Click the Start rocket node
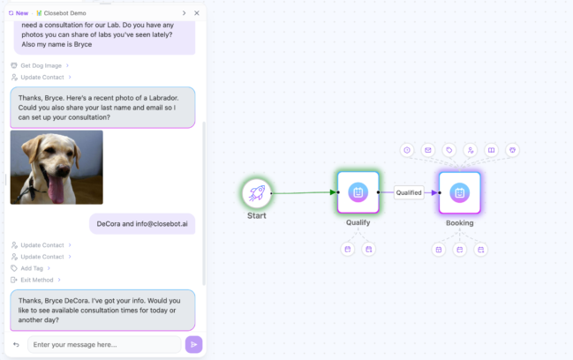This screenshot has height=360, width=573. pyautogui.click(x=256, y=192)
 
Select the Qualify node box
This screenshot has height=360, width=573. pyautogui.click(x=358, y=192)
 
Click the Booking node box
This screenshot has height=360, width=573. pyautogui.click(x=459, y=192)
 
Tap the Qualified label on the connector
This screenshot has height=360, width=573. pyautogui.click(x=408, y=192)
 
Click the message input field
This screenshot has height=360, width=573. pyautogui.click(x=104, y=344)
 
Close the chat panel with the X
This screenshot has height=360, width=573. pyautogui.click(x=197, y=13)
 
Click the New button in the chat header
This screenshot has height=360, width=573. pyautogui.click(x=18, y=13)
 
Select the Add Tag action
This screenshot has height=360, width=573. pyautogui.click(x=34, y=267)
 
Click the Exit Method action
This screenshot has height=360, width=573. pyautogui.click(x=38, y=279)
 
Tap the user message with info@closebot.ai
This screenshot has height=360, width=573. pyautogui.click(x=142, y=224)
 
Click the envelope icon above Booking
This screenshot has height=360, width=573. pyautogui.click(x=427, y=150)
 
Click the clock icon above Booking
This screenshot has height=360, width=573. pyautogui.click(x=406, y=150)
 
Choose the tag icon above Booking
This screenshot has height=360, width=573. pyautogui.click(x=449, y=150)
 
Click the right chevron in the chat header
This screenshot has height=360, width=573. pyautogui.click(x=184, y=13)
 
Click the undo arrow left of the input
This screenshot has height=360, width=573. pyautogui.click(x=16, y=344)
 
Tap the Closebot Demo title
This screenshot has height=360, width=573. pyautogui.click(x=69, y=13)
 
